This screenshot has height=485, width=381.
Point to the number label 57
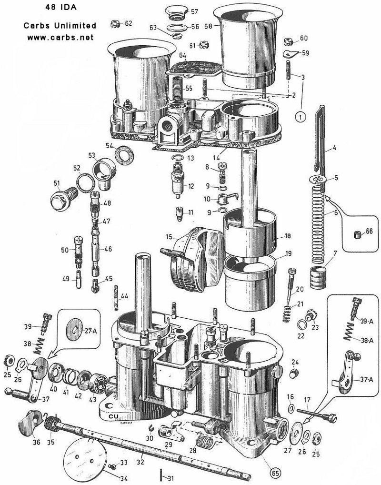click(195, 11)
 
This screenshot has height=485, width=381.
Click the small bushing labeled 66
click(356, 235)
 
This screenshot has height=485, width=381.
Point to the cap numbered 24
click(294, 371)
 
